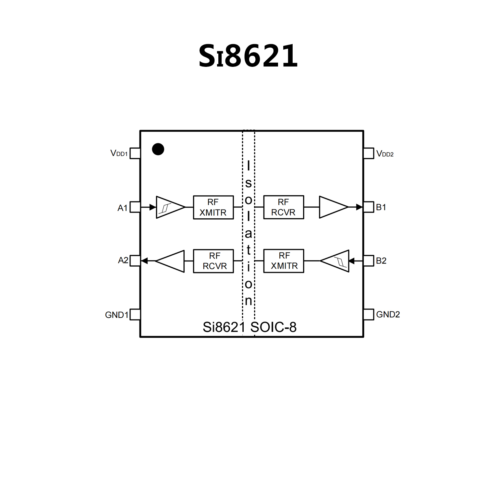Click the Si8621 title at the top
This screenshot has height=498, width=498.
(x=248, y=56)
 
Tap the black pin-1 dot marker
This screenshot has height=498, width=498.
(x=158, y=149)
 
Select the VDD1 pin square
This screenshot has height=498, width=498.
(x=135, y=153)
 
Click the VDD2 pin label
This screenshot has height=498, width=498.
(x=385, y=154)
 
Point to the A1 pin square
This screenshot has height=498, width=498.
(x=135, y=207)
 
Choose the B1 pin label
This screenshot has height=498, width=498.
(x=381, y=207)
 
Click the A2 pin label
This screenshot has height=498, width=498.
(x=123, y=260)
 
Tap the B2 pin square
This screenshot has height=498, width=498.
(x=369, y=261)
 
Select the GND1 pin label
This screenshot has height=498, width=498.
(x=116, y=315)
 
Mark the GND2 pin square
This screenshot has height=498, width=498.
(x=369, y=314)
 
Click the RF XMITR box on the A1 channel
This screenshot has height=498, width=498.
(x=213, y=207)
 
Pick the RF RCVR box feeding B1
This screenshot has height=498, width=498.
(x=284, y=207)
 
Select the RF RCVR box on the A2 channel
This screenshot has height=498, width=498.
(x=213, y=261)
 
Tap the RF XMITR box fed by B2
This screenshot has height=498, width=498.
(x=284, y=261)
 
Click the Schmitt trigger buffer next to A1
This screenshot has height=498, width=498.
(x=168, y=207)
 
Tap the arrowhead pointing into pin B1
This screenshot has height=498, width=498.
(x=359, y=207)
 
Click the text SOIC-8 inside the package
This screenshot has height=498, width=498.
(x=273, y=327)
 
